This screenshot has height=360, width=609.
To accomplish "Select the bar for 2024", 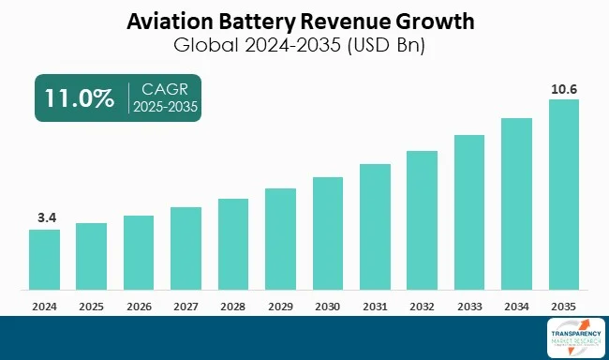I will coord(44,259).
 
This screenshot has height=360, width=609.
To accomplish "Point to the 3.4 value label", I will coord(44,217).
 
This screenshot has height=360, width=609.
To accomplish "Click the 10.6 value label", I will coord(564,88).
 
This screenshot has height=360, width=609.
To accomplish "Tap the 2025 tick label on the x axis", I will coord(91,306).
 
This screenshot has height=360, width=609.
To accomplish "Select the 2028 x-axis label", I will coord(233,306).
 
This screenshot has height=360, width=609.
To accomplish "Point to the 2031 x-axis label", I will coord(375,306).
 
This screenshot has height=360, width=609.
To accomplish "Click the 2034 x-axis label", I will coord(517,306).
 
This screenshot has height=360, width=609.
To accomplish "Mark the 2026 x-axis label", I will coord(139,306).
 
